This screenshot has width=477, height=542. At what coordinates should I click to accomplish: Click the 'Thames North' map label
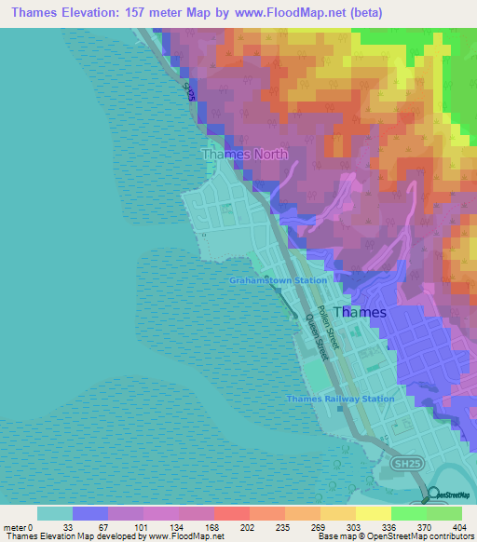point(245,154)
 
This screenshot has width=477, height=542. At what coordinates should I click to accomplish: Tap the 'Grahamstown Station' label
point(279,280)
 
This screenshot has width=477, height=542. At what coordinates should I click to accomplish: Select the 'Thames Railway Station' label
point(340,399)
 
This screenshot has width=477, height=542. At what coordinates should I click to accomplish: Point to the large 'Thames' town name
point(359,313)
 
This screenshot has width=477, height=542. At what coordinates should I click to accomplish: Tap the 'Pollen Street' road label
point(329,325)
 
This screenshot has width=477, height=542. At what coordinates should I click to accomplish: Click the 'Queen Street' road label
point(318,334)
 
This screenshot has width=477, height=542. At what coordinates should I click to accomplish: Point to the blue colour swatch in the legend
point(90,512)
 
